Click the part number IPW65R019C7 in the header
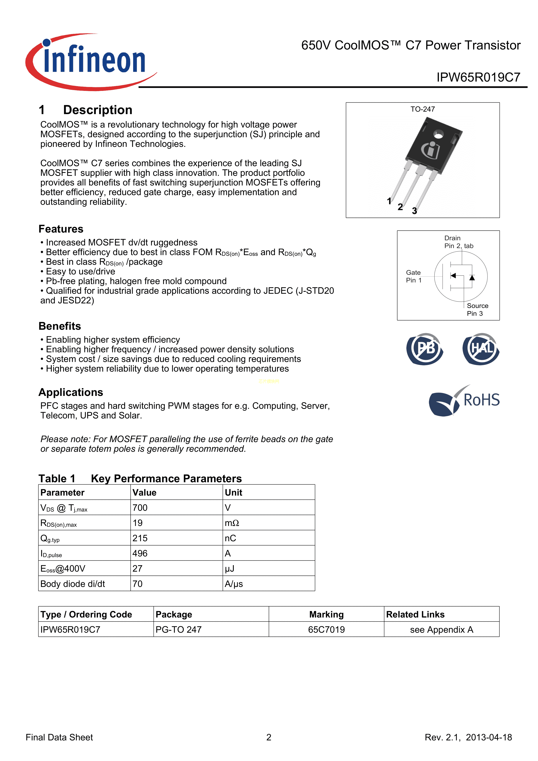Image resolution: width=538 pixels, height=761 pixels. pyautogui.click(x=478, y=77)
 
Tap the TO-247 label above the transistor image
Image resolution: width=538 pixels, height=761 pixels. pyautogui.click(x=422, y=109)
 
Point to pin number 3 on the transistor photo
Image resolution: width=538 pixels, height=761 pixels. pyautogui.click(x=414, y=211)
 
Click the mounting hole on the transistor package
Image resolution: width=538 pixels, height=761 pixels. pyautogui.click(x=438, y=134)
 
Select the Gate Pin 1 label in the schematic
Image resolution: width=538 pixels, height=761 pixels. pyautogui.click(x=414, y=276)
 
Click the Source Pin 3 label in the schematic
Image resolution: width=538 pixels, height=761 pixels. pyautogui.click(x=477, y=309)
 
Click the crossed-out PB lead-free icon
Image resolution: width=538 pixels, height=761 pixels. pyautogui.click(x=425, y=349)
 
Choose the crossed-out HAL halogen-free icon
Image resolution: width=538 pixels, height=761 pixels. pyautogui.click(x=481, y=349)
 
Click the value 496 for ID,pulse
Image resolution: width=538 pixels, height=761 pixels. pyautogui.click(x=140, y=553)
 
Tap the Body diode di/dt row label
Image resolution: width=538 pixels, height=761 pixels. pyautogui.click(x=73, y=584)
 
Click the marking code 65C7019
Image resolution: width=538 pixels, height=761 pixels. pyautogui.click(x=326, y=629)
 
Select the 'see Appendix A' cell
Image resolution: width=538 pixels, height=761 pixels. pyautogui.click(x=441, y=629)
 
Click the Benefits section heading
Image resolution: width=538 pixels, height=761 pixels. pyautogui.click(x=60, y=326)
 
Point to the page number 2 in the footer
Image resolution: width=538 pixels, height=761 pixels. pyautogui.click(x=269, y=737)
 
